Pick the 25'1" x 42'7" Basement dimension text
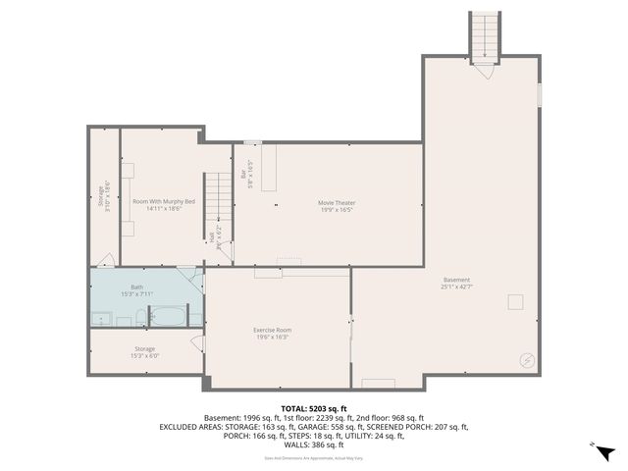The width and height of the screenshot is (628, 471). point(456,287)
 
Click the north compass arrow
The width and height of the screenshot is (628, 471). point(606,452)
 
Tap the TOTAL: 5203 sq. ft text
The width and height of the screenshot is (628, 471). point(314,408)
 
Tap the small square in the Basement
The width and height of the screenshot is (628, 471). point(514,301)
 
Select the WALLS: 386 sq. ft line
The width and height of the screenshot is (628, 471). point(314,445)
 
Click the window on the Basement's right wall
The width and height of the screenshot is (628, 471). point(540,94)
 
